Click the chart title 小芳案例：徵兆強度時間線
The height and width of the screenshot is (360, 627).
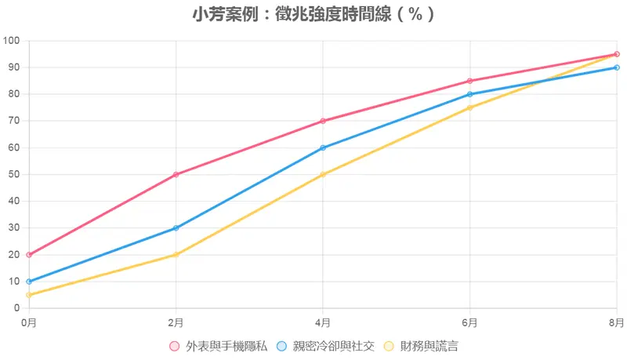pos(313,14)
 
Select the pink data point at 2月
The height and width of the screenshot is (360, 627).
pos(176,174)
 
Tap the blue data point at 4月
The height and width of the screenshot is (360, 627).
pos(323,147)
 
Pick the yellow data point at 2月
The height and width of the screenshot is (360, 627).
pos(176,255)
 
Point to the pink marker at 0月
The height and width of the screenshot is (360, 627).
pos(29,255)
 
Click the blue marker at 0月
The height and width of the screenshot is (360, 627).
pos(29,282)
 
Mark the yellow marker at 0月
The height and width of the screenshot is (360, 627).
pos(29,295)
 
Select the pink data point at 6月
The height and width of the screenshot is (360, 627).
pos(469,81)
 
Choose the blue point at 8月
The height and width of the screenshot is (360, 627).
pos(617,67)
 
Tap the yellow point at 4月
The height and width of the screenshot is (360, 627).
pos(323,174)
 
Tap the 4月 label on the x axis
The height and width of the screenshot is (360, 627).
pos(323,322)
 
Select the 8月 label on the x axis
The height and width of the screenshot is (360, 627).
pos(616,322)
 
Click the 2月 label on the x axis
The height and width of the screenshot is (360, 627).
pos(176,322)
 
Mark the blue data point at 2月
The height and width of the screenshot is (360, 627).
pos(176,228)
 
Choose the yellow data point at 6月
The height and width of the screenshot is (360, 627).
pos(469,107)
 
